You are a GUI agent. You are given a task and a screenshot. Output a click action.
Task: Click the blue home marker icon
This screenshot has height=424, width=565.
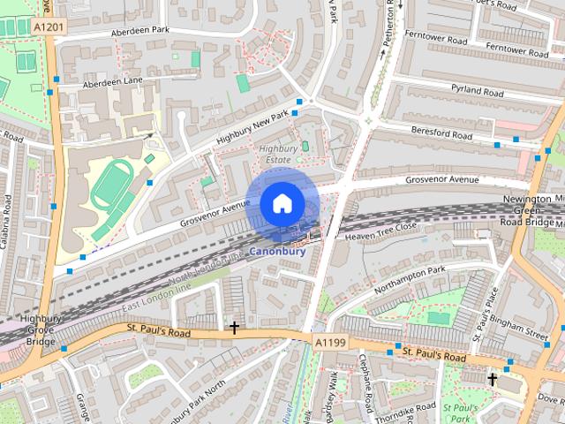[281, 203]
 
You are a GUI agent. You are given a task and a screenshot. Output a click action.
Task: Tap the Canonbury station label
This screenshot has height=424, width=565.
[277, 251]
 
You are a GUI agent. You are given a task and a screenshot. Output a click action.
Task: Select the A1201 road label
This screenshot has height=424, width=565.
[49, 28]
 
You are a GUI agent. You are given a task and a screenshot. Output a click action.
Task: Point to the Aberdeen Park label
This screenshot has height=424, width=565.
[139, 32]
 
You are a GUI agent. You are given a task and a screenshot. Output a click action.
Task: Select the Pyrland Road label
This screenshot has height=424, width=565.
[477, 92]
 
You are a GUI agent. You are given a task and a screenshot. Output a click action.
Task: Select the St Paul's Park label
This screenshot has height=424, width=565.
[461, 413]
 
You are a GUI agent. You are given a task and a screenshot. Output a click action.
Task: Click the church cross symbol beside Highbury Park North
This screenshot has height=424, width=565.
[234, 329]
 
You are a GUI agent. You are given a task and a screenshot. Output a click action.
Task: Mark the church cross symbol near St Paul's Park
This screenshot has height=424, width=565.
[493, 380]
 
